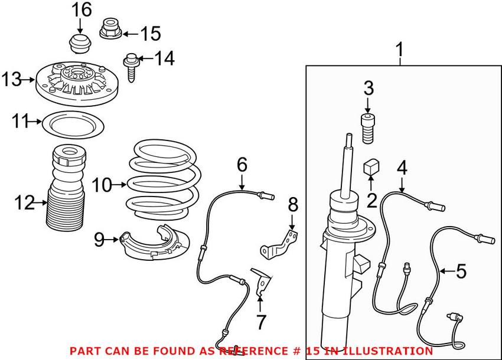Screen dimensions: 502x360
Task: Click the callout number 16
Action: (x=82, y=10)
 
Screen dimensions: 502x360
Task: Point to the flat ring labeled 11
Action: (x=74, y=126)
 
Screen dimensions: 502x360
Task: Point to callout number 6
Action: (x=242, y=164)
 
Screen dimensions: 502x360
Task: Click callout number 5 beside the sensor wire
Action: (x=461, y=272)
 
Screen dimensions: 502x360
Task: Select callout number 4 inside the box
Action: (x=402, y=168)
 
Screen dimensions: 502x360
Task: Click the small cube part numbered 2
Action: (x=370, y=168)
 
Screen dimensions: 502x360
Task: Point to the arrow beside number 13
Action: (x=30, y=79)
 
